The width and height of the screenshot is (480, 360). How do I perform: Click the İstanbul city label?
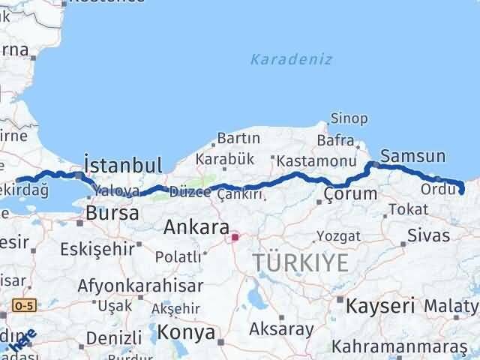point(123,165)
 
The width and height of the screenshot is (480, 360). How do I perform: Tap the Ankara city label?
point(190,226)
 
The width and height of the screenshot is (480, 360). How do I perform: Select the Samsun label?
point(412,157)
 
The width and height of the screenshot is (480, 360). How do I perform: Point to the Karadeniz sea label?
point(292,59)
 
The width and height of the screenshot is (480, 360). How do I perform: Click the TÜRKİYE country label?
point(301,262)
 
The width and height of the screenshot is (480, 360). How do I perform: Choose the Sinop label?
point(349,118)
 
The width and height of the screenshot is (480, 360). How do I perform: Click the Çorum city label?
point(350,195)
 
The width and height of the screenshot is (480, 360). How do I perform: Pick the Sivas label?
point(429,235)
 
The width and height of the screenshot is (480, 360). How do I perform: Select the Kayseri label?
point(379,305)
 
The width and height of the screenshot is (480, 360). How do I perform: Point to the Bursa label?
point(112,213)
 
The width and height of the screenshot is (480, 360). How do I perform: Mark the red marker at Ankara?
point(235,238)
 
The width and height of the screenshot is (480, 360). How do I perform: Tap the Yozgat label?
point(338,236)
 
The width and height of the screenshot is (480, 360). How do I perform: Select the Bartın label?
point(238,138)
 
